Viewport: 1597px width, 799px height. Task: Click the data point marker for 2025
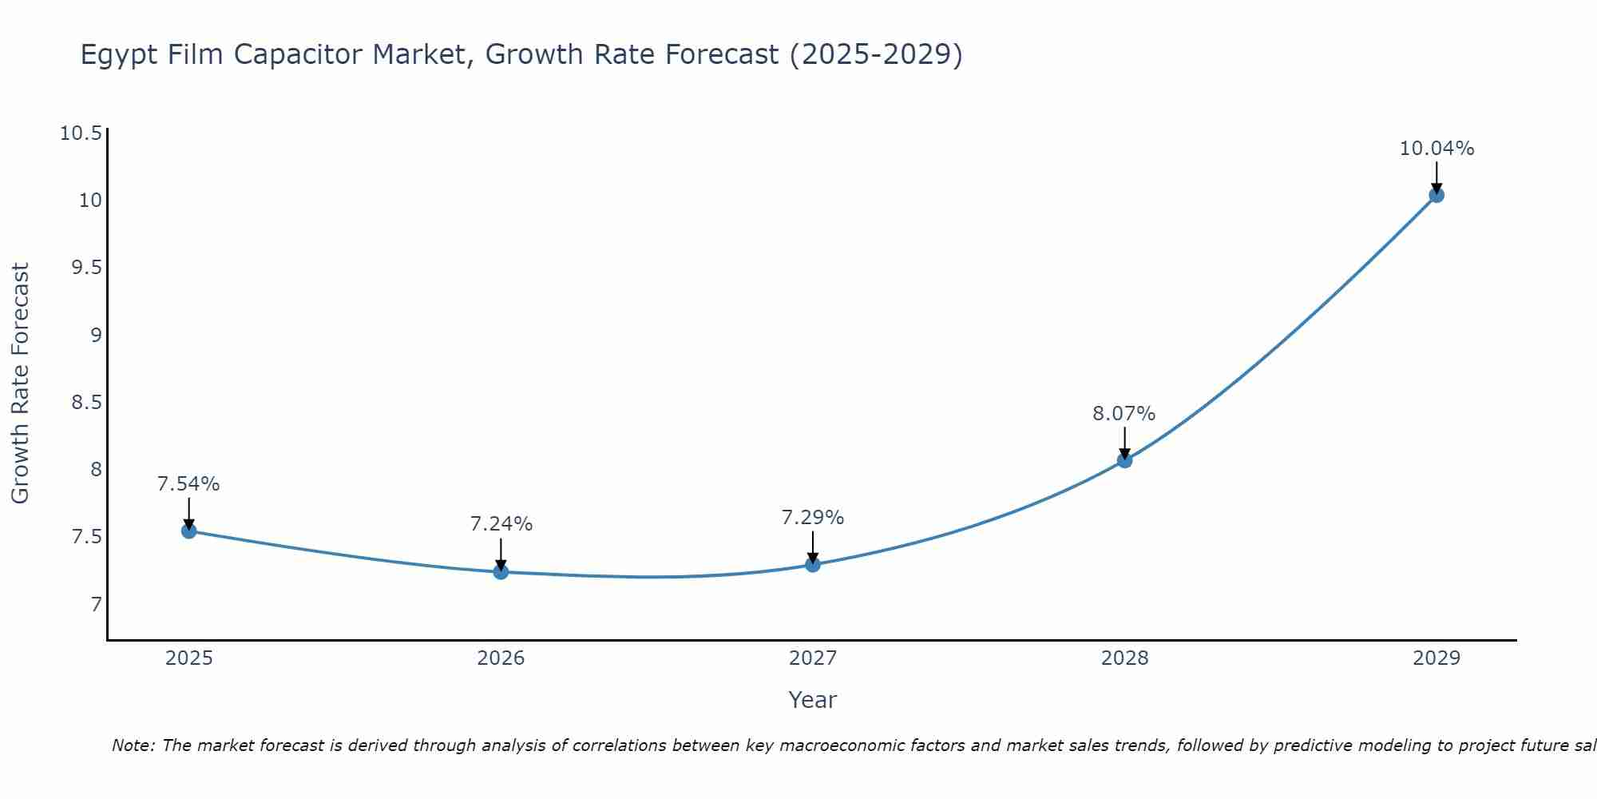pos(188,531)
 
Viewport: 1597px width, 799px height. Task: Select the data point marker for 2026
pos(501,572)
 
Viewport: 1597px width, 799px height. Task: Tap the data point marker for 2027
pos(813,565)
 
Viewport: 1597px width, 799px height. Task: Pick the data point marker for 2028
pos(1124,460)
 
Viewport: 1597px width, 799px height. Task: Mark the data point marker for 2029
pos(1437,195)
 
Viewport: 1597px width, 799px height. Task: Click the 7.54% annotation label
pos(188,484)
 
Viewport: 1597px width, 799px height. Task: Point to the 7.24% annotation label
pos(501,524)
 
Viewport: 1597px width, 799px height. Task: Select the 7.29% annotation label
pos(813,518)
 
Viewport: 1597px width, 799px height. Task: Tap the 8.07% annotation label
pos(1124,414)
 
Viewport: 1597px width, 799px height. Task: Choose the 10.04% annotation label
pos(1437,149)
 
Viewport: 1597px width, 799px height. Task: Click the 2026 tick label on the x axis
pos(501,658)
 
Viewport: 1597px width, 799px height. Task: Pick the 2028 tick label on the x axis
pos(1124,658)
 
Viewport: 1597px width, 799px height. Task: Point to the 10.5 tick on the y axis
pos(81,133)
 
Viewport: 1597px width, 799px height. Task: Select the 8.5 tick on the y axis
pos(86,402)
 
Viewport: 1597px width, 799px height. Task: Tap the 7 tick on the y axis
pos(97,604)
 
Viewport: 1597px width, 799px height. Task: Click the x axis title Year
pos(812,700)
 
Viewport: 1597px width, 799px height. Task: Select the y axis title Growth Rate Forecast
pos(20,384)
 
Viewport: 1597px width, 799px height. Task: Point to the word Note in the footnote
pos(133,745)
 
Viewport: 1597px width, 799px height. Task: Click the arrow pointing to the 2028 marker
pos(1124,442)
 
